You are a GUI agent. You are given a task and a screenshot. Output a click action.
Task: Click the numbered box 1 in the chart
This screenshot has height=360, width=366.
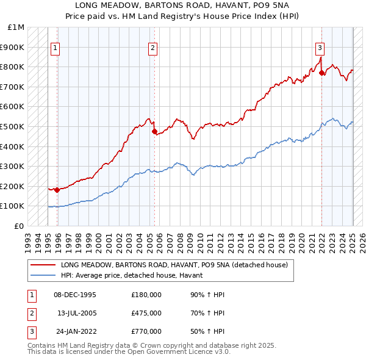[x=56, y=48]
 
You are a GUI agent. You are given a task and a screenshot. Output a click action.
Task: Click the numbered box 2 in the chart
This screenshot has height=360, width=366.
[x=152, y=48]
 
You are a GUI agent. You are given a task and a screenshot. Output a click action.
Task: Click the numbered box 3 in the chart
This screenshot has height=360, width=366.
[x=320, y=48]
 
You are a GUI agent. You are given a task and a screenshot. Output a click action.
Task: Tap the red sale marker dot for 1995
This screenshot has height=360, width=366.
[x=57, y=190]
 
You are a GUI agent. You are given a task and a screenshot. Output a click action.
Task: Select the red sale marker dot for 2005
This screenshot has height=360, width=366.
[x=154, y=131]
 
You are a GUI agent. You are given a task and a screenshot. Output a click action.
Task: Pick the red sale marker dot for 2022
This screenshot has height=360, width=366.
[x=321, y=73]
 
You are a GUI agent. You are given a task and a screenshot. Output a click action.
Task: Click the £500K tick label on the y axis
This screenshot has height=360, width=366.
[x=12, y=126]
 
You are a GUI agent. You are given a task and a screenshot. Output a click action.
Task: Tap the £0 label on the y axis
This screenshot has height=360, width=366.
[x=19, y=226]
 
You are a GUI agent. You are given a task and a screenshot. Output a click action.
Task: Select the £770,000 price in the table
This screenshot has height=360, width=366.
[x=146, y=331]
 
